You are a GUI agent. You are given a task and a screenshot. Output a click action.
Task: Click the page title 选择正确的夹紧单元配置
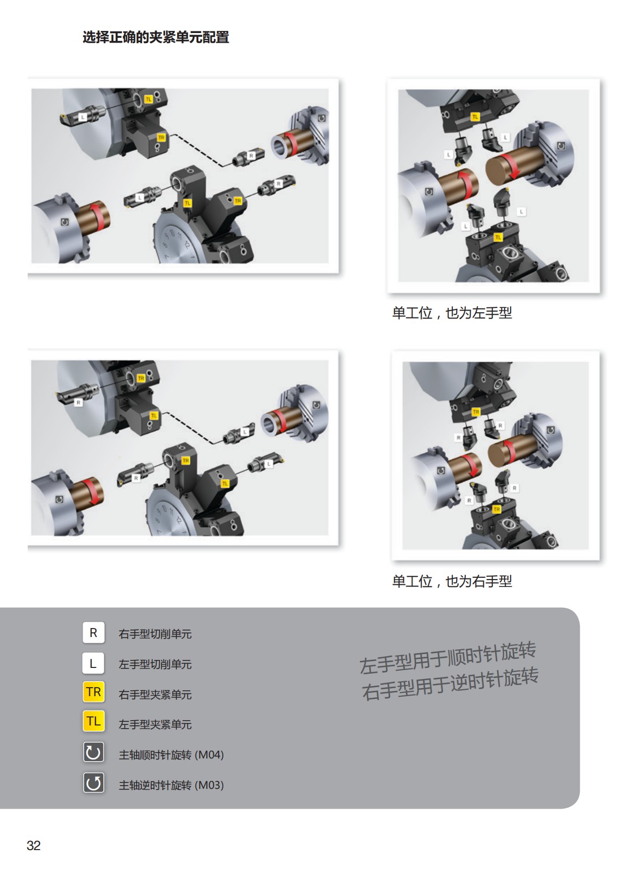pyautogui.click(x=156, y=37)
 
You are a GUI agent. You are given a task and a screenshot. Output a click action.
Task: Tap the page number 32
pyautogui.click(x=34, y=845)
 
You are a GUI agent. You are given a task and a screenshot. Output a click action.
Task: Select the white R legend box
pyautogui.click(x=93, y=633)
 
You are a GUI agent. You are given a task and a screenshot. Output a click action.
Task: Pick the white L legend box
pyautogui.click(x=93, y=663)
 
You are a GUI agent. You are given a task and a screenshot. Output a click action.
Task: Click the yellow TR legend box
pyautogui.click(x=93, y=692)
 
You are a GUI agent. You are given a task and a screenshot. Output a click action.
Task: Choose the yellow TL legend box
pyautogui.click(x=93, y=721)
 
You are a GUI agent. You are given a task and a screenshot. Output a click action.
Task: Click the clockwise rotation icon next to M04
pyautogui.click(x=93, y=753)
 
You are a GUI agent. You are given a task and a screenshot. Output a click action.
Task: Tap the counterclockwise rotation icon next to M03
pyautogui.click(x=93, y=783)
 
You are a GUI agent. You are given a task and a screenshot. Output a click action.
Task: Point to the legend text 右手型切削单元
pyautogui.click(x=155, y=634)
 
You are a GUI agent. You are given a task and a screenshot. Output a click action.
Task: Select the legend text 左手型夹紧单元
pyautogui.click(x=155, y=724)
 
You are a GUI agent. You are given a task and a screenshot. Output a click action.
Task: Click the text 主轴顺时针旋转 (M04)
pyautogui.click(x=171, y=755)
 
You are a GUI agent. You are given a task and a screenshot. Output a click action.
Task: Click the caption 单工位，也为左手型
pyautogui.click(x=451, y=313)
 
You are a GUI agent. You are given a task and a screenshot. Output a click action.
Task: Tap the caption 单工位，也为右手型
pyautogui.click(x=451, y=581)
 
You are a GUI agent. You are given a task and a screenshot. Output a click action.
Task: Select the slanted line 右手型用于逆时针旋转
pyautogui.click(x=450, y=684)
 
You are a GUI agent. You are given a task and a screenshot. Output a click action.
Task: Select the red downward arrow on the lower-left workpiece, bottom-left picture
pyautogui.click(x=92, y=491)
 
